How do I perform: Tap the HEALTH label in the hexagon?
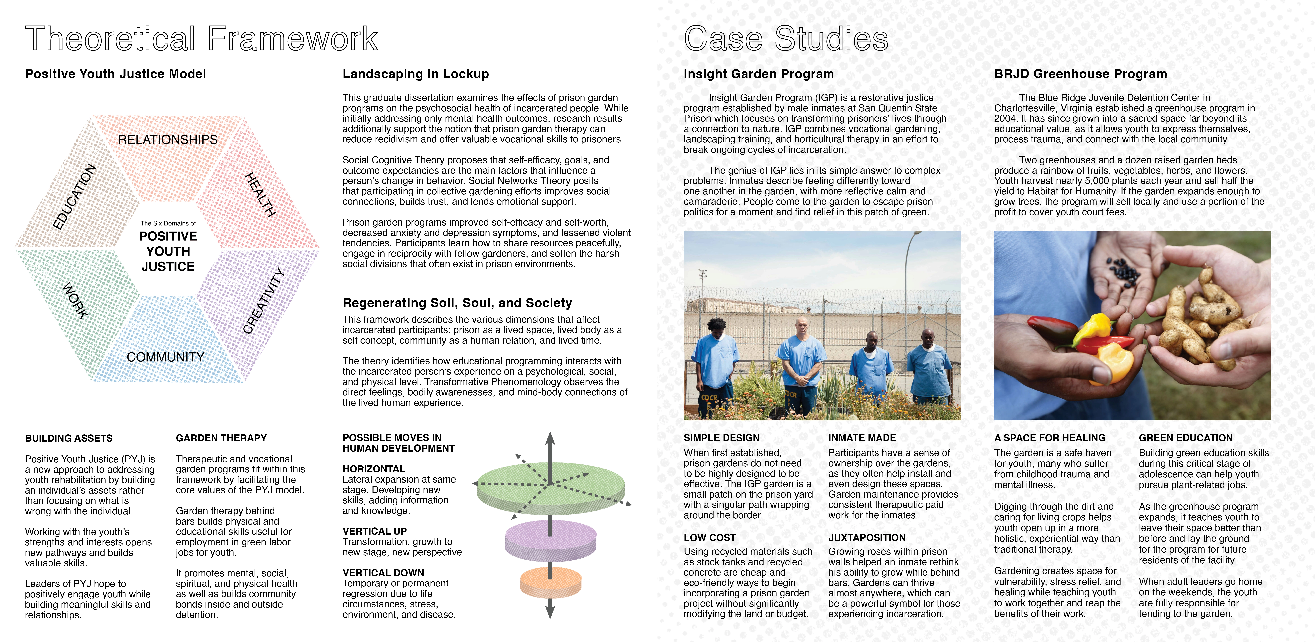tap(260, 195)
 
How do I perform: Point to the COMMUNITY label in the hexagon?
tap(165, 357)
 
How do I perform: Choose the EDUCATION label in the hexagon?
tap(75, 197)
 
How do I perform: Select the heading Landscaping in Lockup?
tap(416, 74)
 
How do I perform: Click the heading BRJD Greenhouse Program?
tap(1080, 74)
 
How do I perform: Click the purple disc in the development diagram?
tap(550, 540)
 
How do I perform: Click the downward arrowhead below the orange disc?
tap(550, 610)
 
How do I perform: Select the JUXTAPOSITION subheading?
tap(867, 538)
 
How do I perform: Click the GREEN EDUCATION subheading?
tap(1185, 438)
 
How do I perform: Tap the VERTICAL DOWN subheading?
tap(383, 573)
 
